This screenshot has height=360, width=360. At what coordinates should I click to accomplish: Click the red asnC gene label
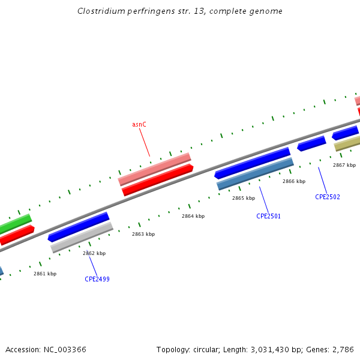(139, 124)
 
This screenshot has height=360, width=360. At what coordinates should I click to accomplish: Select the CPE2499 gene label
(97, 279)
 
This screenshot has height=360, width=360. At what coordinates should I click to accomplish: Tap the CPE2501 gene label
(268, 216)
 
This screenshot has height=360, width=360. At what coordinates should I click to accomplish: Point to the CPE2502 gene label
(328, 197)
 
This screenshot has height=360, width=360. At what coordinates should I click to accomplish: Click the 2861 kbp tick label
(45, 274)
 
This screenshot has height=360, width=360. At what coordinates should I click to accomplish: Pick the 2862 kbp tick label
(94, 253)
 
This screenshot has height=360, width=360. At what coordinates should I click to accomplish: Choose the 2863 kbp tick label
(143, 234)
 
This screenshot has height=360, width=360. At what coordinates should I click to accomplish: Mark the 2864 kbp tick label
(193, 216)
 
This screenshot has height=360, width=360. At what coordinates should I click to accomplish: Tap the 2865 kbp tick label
(244, 198)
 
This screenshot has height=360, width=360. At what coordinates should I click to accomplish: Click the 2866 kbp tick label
(294, 181)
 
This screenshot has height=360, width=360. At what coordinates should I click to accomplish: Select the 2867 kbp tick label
(344, 165)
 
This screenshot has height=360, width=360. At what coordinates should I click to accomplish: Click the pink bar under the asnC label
(154, 169)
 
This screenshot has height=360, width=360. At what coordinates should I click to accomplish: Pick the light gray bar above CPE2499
(82, 237)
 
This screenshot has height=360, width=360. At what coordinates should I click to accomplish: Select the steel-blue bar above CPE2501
(255, 173)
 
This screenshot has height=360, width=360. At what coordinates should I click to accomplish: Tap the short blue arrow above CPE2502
(311, 143)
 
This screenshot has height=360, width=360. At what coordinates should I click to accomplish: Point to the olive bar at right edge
(347, 143)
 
